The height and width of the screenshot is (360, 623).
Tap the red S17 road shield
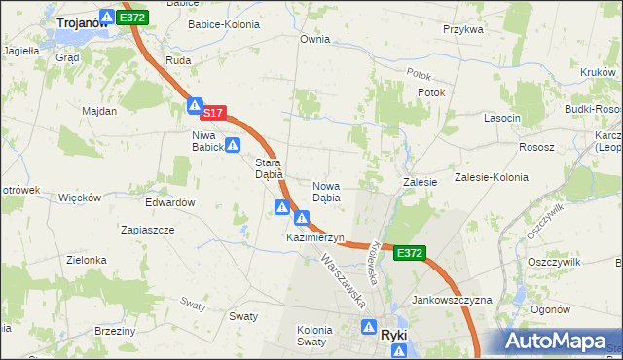pos(214,114)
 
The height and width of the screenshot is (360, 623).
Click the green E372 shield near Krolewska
pos(410,253)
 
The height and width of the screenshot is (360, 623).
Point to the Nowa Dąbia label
pos(326,191)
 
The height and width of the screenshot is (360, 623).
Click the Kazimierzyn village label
pos(315,237)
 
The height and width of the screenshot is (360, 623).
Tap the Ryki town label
pos(394,334)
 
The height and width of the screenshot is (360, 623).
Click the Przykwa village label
pos(462,29)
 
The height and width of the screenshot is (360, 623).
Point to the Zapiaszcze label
pos(146,231)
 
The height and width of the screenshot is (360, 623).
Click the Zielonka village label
pos(86,260)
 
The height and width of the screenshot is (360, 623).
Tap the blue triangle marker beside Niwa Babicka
pos(233,146)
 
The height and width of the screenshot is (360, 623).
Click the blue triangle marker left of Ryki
pos(369,328)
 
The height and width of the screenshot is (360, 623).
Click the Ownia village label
pos(315,40)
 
